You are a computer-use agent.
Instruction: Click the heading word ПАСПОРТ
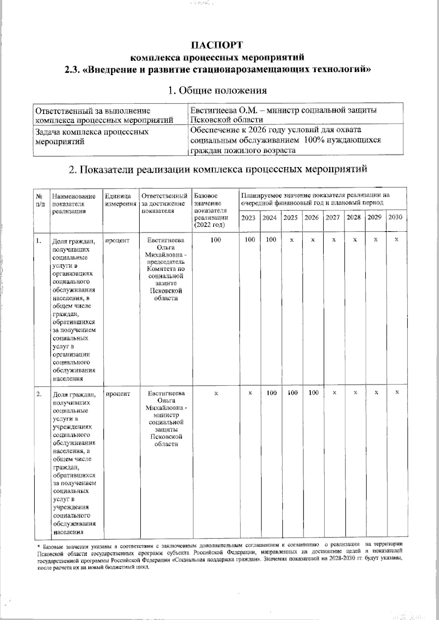[217, 45]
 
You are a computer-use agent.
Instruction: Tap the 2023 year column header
[248, 218]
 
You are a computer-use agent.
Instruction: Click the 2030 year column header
[395, 217]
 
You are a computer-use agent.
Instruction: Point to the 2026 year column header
[312, 218]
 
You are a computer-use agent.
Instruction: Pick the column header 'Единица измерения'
[120, 200]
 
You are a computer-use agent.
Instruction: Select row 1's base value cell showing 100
[216, 240]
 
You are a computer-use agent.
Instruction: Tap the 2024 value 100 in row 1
[271, 240]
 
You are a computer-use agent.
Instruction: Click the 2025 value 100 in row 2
[292, 393]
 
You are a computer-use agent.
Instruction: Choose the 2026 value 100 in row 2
[314, 393]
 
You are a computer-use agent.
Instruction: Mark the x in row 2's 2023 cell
[250, 392]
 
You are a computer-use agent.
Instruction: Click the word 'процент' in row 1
[117, 240]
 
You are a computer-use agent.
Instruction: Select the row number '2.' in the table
[39, 394]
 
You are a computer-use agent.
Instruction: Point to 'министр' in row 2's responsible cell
[166, 415]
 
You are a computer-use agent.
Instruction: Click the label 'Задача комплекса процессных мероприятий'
[91, 136]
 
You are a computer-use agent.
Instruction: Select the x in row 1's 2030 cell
[397, 239]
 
